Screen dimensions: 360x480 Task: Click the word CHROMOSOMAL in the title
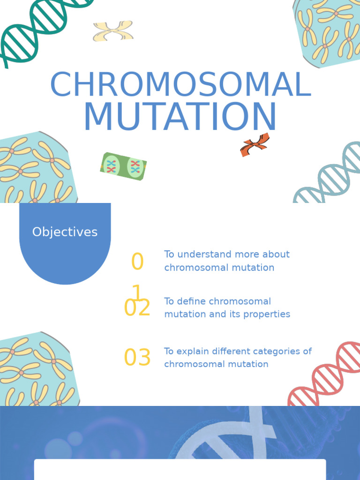click(x=180, y=84)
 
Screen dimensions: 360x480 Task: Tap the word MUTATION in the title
click(x=180, y=117)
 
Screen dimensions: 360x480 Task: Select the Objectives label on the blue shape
click(x=65, y=232)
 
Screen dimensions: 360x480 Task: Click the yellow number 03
click(x=137, y=357)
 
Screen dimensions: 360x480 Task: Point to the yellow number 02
click(x=137, y=307)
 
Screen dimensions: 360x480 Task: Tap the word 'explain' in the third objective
click(x=192, y=351)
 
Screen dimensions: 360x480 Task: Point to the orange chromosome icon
click(x=255, y=145)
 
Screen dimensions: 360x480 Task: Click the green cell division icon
click(x=123, y=166)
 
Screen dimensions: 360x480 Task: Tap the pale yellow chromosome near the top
click(x=113, y=30)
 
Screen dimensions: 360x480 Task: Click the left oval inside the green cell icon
click(x=111, y=165)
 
